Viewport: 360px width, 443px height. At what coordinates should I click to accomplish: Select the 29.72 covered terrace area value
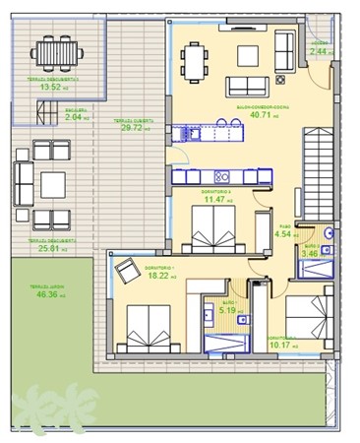click(131, 127)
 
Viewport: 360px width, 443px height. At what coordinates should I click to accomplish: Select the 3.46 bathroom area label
click(310, 253)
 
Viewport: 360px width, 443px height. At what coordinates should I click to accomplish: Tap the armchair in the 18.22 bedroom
click(126, 269)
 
